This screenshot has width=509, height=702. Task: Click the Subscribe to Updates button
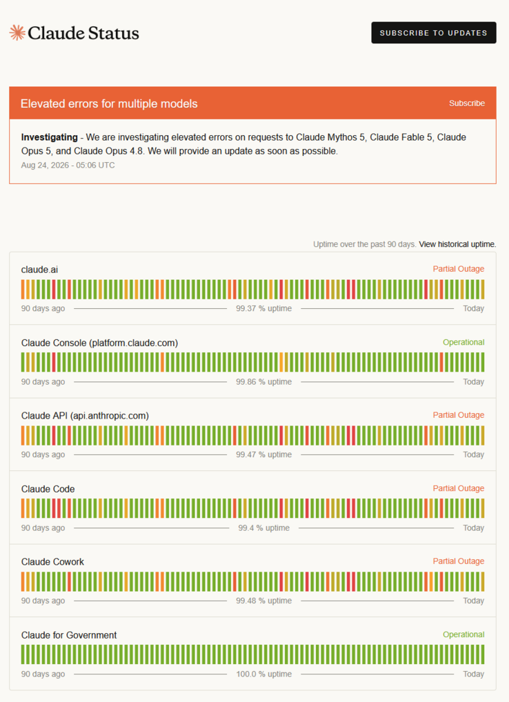tap(433, 32)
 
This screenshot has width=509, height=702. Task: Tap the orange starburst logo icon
tap(17, 32)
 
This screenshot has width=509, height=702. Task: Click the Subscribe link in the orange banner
tap(467, 103)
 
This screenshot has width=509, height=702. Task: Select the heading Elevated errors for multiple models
tap(109, 103)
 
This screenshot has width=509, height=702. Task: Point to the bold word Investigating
tap(49, 137)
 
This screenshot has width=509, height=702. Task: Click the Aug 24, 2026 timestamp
tap(68, 166)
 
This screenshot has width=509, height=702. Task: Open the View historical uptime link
tap(457, 244)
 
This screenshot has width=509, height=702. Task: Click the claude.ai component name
tap(39, 270)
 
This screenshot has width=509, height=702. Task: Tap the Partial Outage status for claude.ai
tap(459, 269)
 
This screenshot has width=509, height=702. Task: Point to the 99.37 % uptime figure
tap(263, 308)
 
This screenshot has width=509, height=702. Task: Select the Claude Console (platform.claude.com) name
tap(99, 343)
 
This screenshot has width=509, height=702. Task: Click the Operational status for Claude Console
tap(463, 343)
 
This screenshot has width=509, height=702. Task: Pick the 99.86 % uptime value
tap(263, 382)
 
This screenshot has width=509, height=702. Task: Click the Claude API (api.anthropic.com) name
tap(85, 416)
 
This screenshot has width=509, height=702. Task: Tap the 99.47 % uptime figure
tap(263, 454)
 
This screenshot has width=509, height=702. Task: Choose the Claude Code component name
tap(48, 489)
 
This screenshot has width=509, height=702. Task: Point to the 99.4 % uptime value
tap(263, 528)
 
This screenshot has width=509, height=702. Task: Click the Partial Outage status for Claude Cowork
tap(459, 561)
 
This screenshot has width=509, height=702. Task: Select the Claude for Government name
tap(69, 635)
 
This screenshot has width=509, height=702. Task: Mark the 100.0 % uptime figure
tap(263, 674)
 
